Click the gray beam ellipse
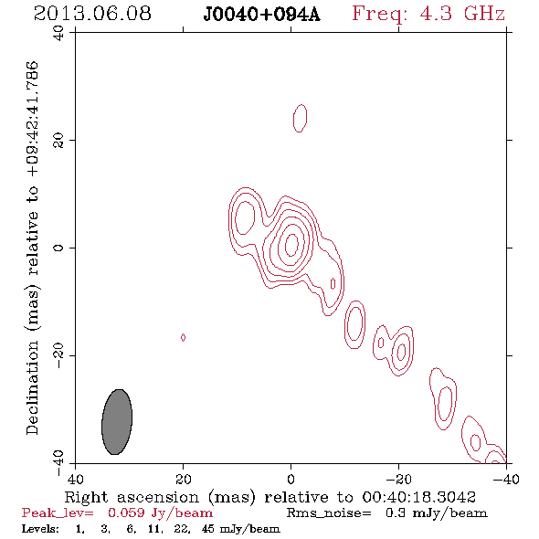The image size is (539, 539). pos(117,422)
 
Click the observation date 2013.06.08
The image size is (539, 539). pos(92,14)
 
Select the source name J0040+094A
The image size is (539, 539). pos(261,15)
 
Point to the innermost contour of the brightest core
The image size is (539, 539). pos(291,245)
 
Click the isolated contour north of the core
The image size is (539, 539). pos(300,118)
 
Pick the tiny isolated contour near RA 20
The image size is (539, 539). pos(184,338)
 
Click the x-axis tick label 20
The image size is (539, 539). pos(184,479)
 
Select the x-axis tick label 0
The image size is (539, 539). pos(291,479)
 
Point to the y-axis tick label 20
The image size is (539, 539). pos(58,141)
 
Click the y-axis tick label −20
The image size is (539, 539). pos(58,355)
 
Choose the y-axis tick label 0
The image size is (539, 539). pos(58,248)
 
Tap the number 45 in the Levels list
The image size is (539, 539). pos(208,528)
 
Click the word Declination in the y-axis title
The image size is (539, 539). pos(32,387)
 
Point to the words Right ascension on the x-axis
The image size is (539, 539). pos(132,497)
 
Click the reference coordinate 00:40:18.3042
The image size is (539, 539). pos(418,497)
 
